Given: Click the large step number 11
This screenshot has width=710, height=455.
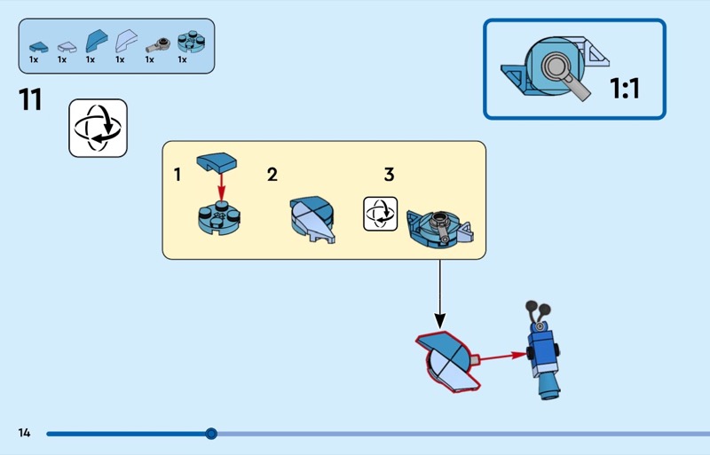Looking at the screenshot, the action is point(30,99).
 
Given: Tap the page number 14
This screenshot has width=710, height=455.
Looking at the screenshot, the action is point(24,433).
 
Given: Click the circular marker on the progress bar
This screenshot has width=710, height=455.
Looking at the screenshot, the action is point(211,434).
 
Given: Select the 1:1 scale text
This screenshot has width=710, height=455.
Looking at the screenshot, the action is point(625,89).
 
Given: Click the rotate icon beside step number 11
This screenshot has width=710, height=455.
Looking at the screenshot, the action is point(98,128).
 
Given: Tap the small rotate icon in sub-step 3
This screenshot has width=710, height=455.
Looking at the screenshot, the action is point(381,214).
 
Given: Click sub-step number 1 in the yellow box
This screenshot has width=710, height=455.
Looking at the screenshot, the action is point(177,175).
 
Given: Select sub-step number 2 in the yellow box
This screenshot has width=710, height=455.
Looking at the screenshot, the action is point(272,175).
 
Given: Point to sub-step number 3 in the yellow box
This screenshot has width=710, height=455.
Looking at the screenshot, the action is point(389,175).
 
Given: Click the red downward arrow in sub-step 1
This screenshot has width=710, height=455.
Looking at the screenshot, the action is point(221,187).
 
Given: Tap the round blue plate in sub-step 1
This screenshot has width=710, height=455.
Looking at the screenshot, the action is point(219,218).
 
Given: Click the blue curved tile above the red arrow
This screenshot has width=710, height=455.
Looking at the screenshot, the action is point(217,162).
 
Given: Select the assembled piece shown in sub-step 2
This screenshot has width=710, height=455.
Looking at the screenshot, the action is point(312,220).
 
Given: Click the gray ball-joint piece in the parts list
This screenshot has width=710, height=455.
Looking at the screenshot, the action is point(158,46).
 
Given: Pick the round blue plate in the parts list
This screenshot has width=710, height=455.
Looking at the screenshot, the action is point(191,42).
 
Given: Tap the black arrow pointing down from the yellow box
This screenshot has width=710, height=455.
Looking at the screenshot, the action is point(439,294).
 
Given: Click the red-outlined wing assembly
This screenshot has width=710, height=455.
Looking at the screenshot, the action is point(446,361).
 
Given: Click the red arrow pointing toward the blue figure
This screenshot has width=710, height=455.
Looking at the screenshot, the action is point(503,357).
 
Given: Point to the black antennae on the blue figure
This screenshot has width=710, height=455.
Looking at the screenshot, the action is point(538,312).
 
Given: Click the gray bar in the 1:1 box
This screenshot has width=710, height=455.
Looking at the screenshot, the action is point(575,85).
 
